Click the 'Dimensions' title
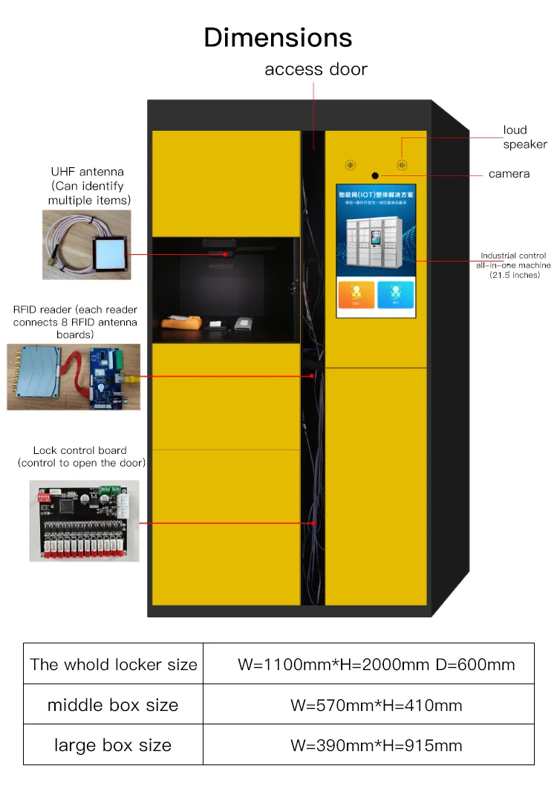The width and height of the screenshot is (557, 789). click(x=278, y=37)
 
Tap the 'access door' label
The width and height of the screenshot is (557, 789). click(x=316, y=70)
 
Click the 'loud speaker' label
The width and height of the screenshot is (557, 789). click(x=524, y=137)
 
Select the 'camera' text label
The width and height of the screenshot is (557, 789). click(x=509, y=174)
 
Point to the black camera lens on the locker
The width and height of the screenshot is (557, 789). click(x=376, y=176)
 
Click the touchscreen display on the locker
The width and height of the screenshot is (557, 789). click(x=376, y=250)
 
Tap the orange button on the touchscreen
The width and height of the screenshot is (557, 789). click(x=356, y=294)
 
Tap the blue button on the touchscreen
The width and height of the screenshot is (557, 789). click(x=395, y=294)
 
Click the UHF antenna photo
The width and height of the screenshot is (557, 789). click(x=86, y=244)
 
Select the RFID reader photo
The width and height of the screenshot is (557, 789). click(x=74, y=377)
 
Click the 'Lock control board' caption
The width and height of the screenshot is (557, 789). click(x=81, y=456)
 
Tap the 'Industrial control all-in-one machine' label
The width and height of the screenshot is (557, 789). click(x=512, y=265)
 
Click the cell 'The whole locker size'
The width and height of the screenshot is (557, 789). click(x=114, y=664)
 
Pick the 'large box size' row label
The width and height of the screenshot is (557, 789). click(x=113, y=745)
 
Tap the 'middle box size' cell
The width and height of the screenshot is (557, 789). click(x=113, y=705)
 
